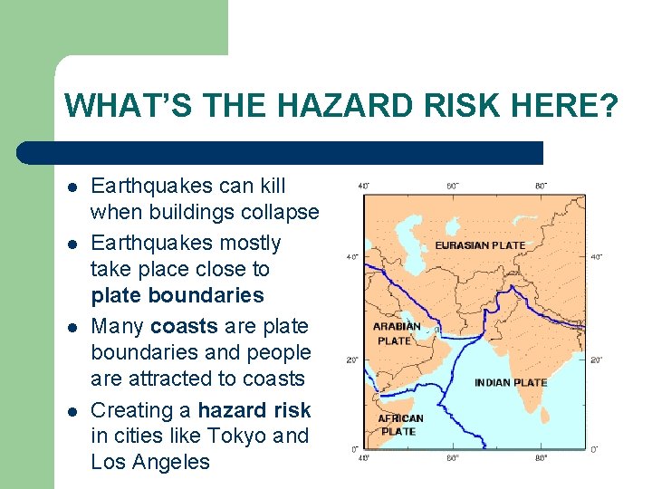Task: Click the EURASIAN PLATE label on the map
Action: tap(480, 245)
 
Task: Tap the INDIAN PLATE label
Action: tap(511, 382)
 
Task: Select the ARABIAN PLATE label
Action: tap(396, 333)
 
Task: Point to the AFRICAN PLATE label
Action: tap(399, 425)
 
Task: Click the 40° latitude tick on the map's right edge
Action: tap(596, 257)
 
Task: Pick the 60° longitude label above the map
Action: tap(453, 187)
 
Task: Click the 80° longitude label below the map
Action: tap(541, 458)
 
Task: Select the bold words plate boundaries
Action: tap(177, 295)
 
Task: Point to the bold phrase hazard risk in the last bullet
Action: tap(254, 409)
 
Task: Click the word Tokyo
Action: tap(238, 436)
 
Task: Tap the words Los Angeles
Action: tap(149, 462)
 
